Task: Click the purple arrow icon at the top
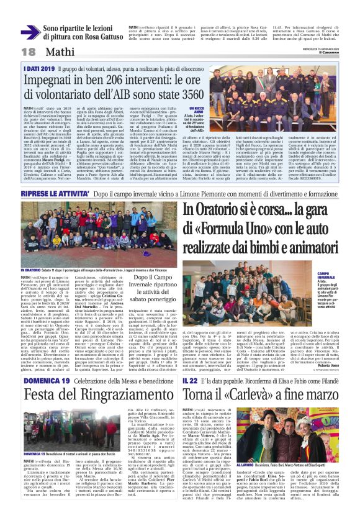30,32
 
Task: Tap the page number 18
11,51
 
